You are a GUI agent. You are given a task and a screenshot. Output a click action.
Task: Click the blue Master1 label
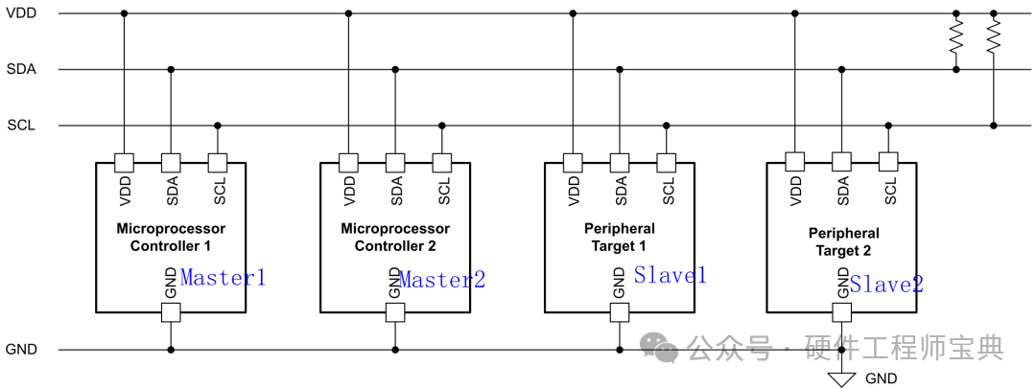(x=223, y=278)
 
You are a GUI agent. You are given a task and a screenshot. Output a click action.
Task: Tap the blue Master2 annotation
(x=442, y=280)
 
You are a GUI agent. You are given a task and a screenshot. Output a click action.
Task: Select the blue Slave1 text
(x=670, y=275)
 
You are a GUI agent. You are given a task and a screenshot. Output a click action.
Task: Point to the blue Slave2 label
(x=886, y=284)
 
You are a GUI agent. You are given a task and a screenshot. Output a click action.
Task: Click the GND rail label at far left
(x=21, y=350)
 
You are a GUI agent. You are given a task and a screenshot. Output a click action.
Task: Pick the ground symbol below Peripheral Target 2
(x=842, y=379)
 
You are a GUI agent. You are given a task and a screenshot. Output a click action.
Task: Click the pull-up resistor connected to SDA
(x=955, y=38)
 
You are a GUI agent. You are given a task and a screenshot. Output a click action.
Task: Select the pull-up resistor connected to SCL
(x=993, y=38)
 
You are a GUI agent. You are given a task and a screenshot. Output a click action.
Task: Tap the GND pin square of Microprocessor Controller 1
(x=171, y=312)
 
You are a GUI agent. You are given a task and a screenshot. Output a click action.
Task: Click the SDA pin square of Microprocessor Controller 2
(x=394, y=162)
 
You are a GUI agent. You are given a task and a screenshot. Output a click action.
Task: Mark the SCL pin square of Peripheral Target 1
(x=667, y=162)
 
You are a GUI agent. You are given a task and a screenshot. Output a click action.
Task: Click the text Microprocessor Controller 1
(x=171, y=237)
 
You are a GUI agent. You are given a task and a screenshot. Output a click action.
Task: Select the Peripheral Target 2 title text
(x=843, y=242)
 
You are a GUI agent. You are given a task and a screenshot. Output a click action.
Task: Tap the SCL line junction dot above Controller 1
(x=218, y=126)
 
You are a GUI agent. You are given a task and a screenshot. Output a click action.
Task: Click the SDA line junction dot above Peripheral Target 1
(x=620, y=69)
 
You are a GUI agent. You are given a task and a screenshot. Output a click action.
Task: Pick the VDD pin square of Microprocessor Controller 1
(x=124, y=162)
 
